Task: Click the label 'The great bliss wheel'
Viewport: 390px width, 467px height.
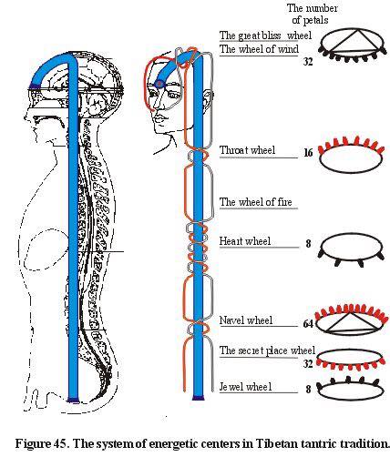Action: (265, 36)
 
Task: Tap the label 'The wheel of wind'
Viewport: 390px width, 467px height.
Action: (259, 49)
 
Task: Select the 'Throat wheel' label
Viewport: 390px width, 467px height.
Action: (247, 150)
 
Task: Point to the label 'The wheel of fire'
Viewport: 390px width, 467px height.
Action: (256, 202)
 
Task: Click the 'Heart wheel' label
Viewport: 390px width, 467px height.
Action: (245, 241)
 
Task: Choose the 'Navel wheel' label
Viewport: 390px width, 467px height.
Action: (246, 320)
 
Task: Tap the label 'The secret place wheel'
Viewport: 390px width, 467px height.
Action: (267, 350)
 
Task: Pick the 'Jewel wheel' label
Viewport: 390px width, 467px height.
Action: (245, 387)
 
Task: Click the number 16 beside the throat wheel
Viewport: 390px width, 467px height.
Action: (308, 152)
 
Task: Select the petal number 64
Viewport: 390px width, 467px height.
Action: (308, 324)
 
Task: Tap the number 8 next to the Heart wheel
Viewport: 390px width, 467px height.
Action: (308, 243)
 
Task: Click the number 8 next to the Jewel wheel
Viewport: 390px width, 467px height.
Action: (308, 389)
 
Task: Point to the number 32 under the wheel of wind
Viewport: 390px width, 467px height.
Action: (308, 62)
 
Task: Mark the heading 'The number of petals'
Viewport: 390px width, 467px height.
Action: (312, 14)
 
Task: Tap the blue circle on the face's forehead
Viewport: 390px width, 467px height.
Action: (159, 84)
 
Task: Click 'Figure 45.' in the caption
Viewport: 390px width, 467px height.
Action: (42, 443)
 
